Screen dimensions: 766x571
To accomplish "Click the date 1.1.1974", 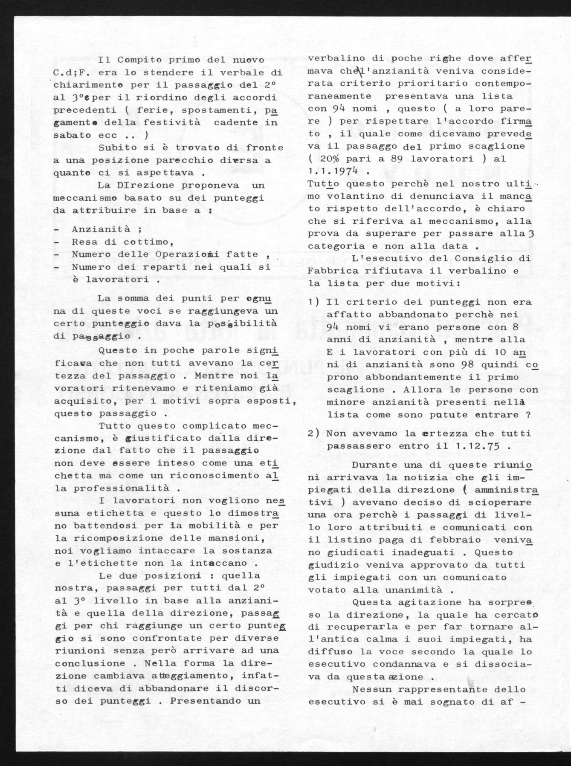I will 336,171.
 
